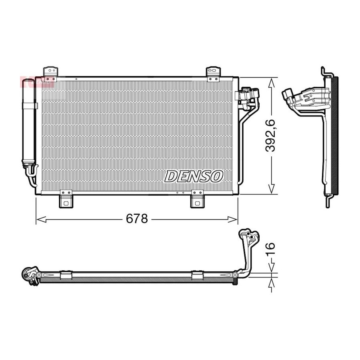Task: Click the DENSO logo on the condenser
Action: pyautogui.click(x=194, y=176)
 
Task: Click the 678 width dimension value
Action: pyautogui.click(x=137, y=218)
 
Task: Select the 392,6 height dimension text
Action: pyautogui.click(x=270, y=136)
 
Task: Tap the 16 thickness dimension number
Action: pyautogui.click(x=270, y=249)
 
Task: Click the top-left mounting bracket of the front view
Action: pyautogui.click(x=51, y=74)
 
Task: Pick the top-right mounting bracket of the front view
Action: pyautogui.click(x=213, y=74)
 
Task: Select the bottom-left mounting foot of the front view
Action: pyautogui.click(x=66, y=199)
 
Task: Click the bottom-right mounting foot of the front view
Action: pyautogui.click(x=198, y=199)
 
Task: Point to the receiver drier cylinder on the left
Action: pyautogui.click(x=28, y=121)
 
